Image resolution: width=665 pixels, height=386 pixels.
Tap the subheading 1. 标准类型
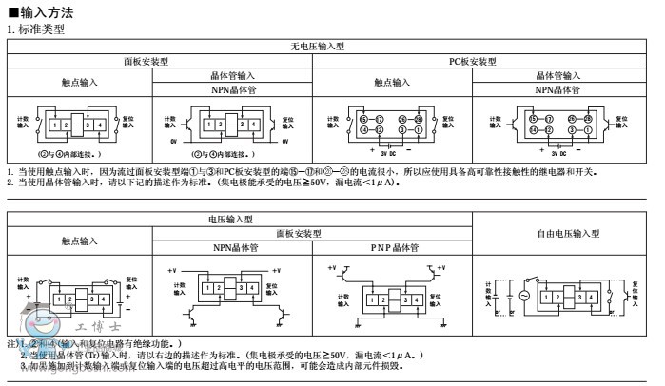tap(35, 29)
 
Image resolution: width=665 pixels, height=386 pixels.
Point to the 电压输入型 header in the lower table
tap(230, 219)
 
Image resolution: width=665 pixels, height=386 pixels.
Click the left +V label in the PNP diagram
tap(332, 270)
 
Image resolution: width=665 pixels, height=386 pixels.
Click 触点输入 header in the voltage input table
tap(80, 241)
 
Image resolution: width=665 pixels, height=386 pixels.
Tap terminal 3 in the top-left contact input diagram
tap(88, 125)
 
